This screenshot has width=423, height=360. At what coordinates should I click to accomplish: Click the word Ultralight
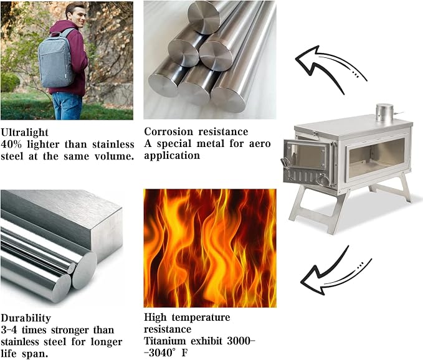tap(24, 133)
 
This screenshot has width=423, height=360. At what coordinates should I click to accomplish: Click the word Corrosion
tap(169, 131)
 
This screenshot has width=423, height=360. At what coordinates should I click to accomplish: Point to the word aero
tap(260, 143)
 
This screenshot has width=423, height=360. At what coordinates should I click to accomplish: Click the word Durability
tap(26, 318)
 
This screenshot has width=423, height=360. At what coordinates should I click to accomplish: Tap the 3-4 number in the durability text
tap(9, 330)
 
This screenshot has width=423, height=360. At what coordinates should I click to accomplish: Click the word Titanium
tap(165, 341)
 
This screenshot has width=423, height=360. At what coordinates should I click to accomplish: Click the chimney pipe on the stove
tap(384, 112)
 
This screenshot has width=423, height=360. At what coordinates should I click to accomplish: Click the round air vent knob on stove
tap(322, 179)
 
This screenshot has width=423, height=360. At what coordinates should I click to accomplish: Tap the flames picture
tap(210, 248)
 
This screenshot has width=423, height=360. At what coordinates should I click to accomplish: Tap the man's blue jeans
tap(67, 106)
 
